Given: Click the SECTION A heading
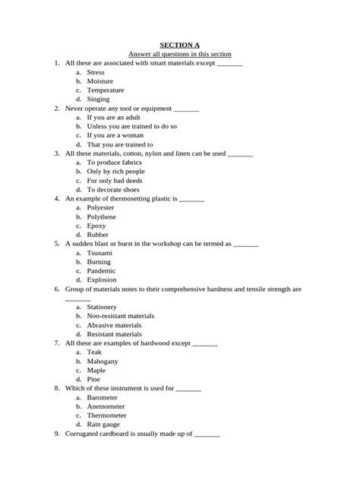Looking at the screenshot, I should click(x=179, y=45).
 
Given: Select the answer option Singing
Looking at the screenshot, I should click(x=98, y=99).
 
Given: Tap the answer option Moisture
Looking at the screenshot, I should click(x=99, y=81).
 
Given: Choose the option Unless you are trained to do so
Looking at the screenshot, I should click(x=131, y=126).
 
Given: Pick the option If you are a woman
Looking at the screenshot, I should click(x=115, y=135).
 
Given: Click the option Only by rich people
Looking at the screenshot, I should click(x=115, y=172).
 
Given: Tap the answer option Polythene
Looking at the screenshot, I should click(x=102, y=216).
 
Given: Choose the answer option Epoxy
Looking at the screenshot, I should click(x=96, y=226).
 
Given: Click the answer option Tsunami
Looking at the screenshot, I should click(x=99, y=253).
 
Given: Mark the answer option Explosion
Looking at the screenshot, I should click(x=102, y=279).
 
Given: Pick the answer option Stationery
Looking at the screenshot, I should click(x=102, y=307).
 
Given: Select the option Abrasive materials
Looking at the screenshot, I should click(x=114, y=325).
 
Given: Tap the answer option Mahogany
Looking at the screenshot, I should click(x=103, y=362).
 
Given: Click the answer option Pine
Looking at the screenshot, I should click(x=93, y=379).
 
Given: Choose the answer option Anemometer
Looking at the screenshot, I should click(x=106, y=406).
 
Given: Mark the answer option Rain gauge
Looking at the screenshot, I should click(x=103, y=425).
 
